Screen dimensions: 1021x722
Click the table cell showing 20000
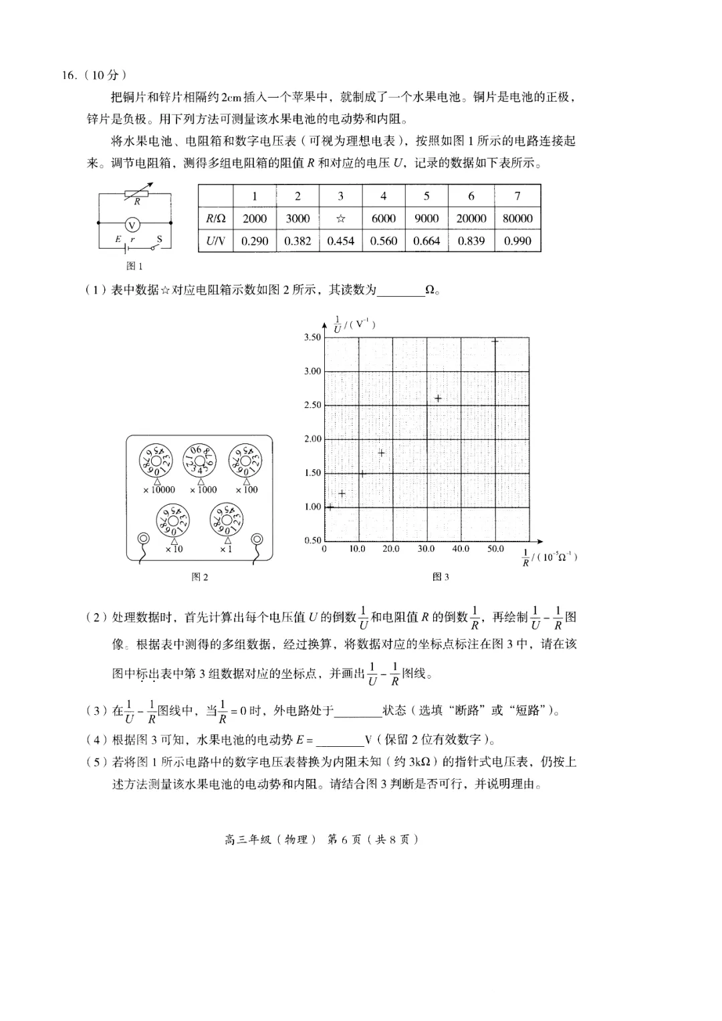(x=471, y=219)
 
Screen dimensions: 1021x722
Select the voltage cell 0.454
(x=340, y=241)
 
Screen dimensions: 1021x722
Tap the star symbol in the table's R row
(x=340, y=219)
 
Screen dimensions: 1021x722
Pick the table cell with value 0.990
(x=517, y=241)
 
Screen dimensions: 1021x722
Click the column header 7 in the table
(x=517, y=196)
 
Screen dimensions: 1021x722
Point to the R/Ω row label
(x=215, y=219)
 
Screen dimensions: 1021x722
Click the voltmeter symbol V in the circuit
(x=132, y=224)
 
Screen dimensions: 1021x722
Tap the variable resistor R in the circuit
(x=136, y=195)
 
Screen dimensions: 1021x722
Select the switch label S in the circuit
(x=159, y=239)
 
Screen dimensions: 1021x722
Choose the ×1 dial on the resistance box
(x=226, y=520)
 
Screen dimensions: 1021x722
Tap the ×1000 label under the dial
(x=203, y=490)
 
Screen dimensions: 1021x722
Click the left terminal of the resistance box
(x=142, y=539)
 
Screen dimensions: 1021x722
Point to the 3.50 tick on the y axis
(x=312, y=338)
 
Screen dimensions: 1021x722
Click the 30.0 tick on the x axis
(x=426, y=549)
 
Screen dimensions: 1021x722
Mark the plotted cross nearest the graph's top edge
(x=495, y=341)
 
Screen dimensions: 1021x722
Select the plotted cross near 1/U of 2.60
(x=438, y=399)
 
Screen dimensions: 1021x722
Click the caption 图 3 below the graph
(x=441, y=577)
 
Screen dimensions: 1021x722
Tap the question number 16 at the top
(x=70, y=75)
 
